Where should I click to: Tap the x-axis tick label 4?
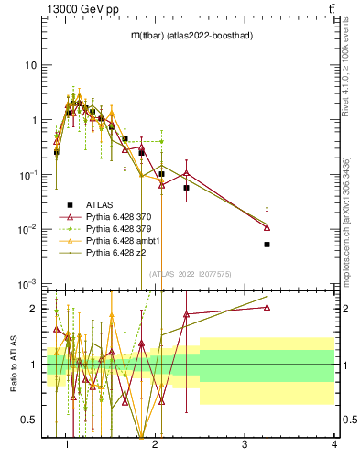[333, 445]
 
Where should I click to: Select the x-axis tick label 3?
[245, 445]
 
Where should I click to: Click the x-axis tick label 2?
[155, 445]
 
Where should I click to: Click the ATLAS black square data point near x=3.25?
[267, 245]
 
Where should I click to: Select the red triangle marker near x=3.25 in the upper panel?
[267, 227]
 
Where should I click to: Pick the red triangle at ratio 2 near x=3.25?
[267, 308]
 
